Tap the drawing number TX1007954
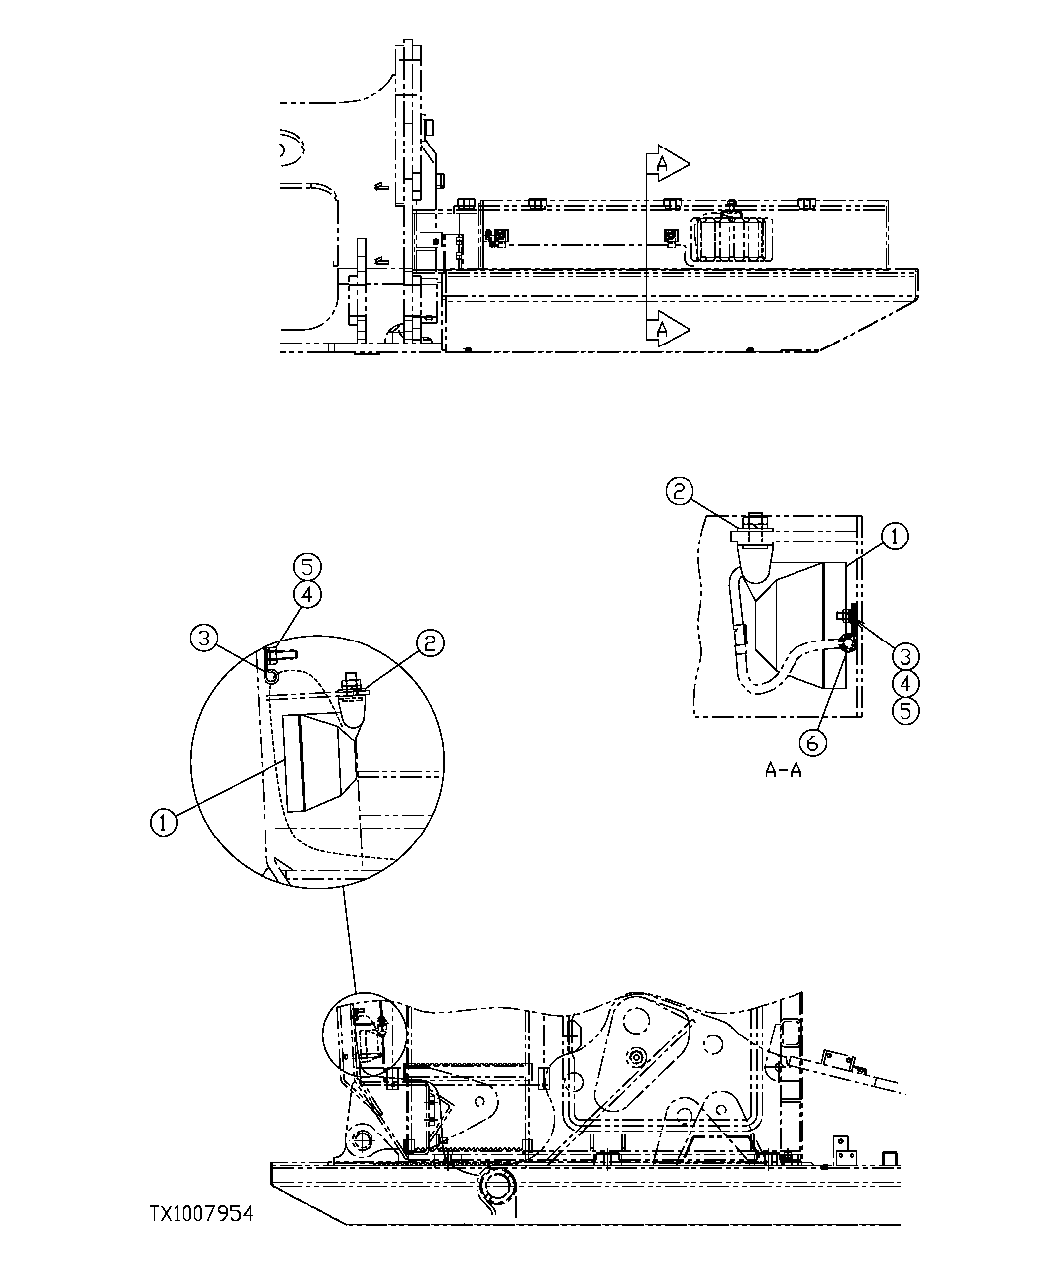201,1213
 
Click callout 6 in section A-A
810,740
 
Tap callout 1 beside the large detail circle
165,821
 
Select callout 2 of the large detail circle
429,642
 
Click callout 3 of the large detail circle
205,639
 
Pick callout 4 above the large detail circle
308,594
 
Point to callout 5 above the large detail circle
308,567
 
